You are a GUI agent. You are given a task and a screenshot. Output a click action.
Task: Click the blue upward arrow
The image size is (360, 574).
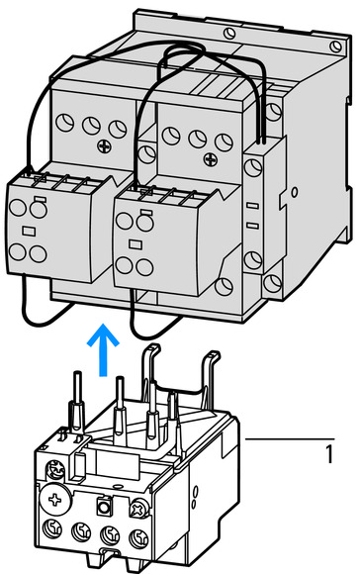point(103,349)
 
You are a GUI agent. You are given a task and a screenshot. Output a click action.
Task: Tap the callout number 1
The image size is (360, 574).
point(329,454)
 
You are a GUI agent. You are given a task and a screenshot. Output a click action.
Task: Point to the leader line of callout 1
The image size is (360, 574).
point(290,438)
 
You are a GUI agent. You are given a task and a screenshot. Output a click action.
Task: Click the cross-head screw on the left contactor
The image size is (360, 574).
point(104,146)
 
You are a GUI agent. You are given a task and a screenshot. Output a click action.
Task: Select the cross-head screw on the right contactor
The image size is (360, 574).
point(211,159)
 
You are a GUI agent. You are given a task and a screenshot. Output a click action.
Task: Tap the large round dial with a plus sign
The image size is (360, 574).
point(55,500)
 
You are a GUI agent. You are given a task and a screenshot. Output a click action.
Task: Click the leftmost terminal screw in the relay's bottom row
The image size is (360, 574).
point(52,529)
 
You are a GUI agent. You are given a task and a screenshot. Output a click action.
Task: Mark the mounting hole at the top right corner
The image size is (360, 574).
point(335,47)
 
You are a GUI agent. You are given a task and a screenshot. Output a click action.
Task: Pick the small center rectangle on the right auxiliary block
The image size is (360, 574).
point(135,244)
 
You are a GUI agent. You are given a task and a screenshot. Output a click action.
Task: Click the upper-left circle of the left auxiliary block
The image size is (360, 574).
point(18,207)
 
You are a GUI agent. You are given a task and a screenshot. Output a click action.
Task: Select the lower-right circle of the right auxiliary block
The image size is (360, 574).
point(144,267)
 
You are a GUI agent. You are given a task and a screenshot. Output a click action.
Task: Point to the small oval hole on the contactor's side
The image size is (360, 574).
point(295,192)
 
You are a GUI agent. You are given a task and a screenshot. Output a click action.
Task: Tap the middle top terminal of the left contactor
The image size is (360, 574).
point(91,126)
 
